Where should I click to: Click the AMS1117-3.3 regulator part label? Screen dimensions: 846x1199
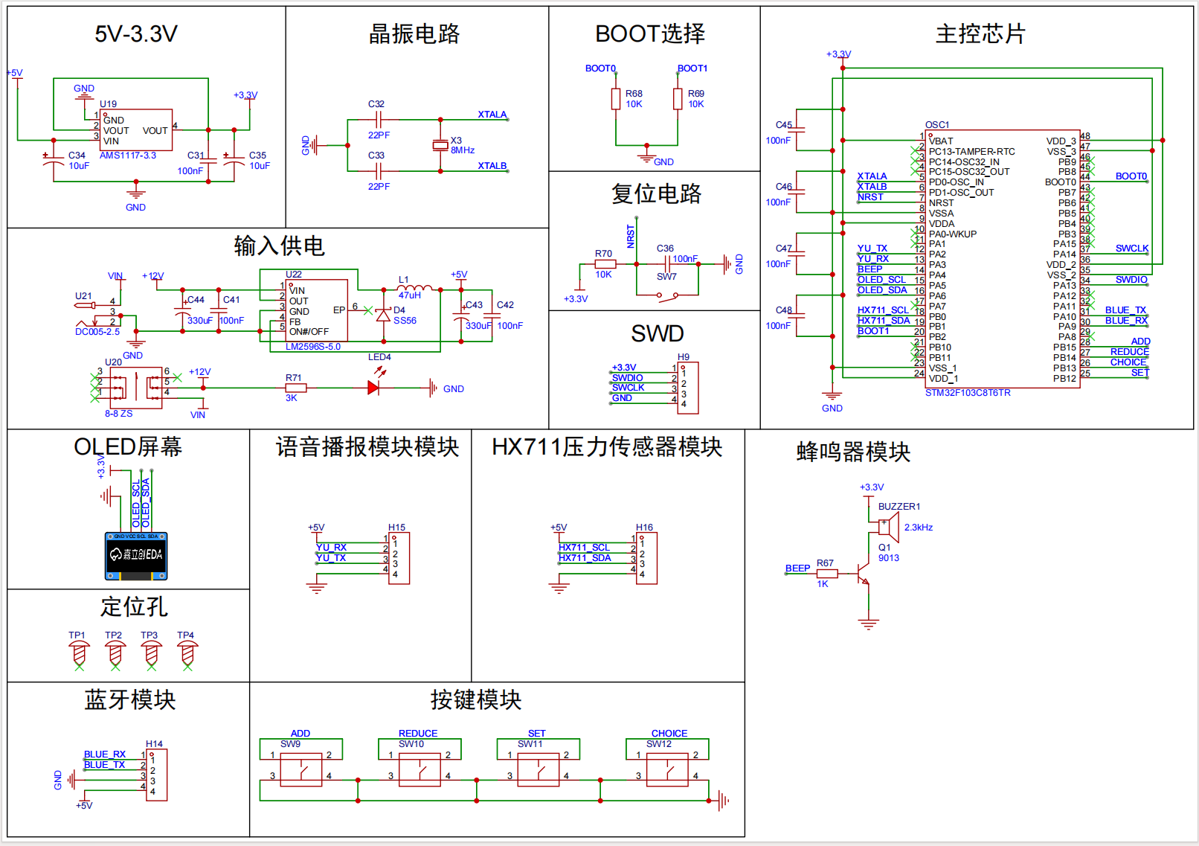tap(128, 156)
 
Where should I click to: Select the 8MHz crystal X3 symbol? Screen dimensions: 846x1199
tap(440, 145)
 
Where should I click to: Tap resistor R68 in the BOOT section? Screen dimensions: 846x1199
tap(616, 99)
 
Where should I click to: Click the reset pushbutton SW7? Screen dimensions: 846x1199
tap(667, 295)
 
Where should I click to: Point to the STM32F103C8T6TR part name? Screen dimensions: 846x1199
tap(968, 393)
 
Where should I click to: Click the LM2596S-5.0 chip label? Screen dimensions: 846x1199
tap(313, 347)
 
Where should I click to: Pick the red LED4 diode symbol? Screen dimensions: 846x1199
tap(373, 388)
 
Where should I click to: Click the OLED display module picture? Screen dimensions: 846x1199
tap(136, 556)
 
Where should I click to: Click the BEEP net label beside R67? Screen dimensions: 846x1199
tap(797, 568)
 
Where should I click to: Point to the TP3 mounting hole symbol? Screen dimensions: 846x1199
tap(151, 654)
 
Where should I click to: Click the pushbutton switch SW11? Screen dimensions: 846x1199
tap(538, 770)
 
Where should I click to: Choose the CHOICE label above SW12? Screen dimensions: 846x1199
tap(669, 734)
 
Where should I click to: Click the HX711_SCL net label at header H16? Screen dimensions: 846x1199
tap(584, 548)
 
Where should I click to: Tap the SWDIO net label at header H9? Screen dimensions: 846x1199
tap(627, 378)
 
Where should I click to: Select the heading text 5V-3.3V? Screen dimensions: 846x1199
tap(136, 34)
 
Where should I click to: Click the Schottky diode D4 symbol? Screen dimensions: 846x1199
tap(383, 315)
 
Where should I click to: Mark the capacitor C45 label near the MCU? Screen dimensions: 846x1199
tap(783, 125)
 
